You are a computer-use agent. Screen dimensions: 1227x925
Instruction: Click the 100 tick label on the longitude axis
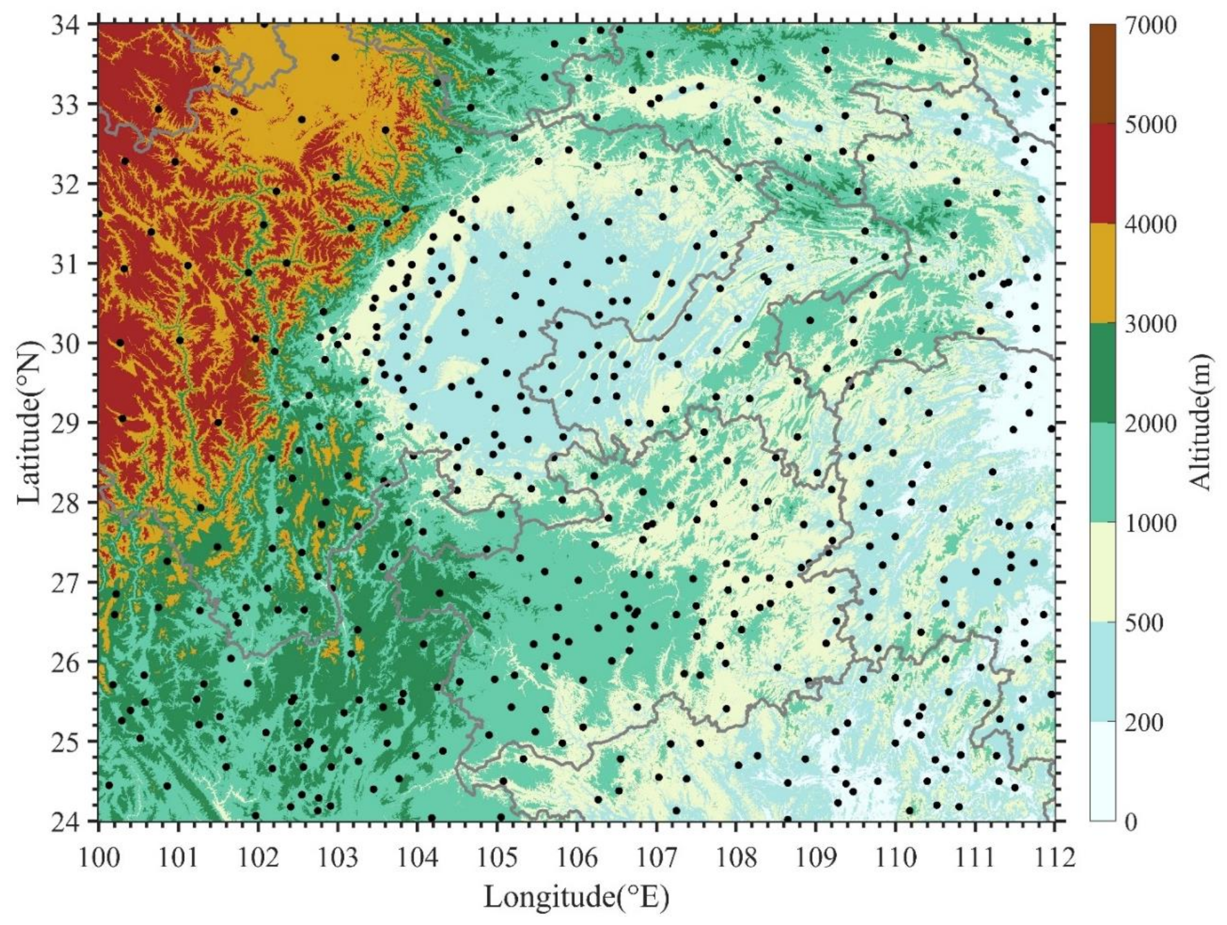98,858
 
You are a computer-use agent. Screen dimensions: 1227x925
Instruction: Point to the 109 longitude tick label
815,858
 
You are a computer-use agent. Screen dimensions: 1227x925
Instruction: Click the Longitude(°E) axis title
577,897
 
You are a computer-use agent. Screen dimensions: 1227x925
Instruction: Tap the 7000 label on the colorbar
1150,26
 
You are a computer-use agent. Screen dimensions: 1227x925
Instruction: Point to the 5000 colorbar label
1150,126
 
